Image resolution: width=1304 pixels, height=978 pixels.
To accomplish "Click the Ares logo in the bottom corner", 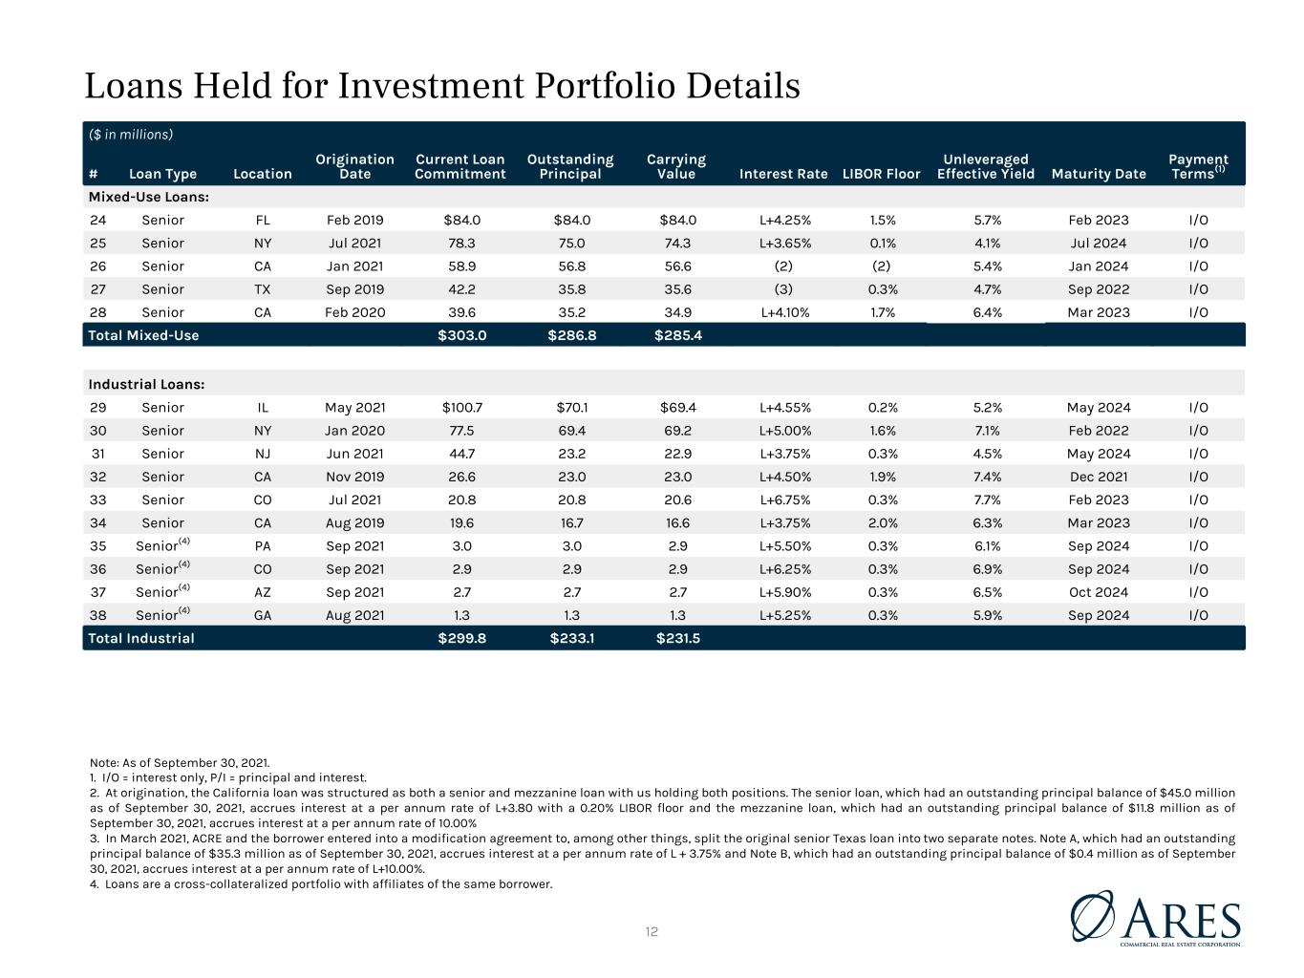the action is pyautogui.click(x=1155, y=919).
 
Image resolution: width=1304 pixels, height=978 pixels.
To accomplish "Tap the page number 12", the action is pyautogui.click(x=652, y=932).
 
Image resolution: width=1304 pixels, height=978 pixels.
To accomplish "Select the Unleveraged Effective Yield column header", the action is pyautogui.click(x=986, y=166).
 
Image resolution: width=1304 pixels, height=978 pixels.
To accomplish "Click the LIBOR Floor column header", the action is pyautogui.click(x=881, y=174).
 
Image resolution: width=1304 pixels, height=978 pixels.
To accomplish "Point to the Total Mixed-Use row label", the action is pyautogui.click(x=143, y=335).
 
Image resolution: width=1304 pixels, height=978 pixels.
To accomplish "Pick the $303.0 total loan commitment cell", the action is pyautogui.click(x=461, y=335).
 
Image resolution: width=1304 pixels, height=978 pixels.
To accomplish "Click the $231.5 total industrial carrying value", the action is pyautogui.click(x=678, y=638).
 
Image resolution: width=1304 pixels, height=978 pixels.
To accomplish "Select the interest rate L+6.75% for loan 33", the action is pyautogui.click(x=784, y=500).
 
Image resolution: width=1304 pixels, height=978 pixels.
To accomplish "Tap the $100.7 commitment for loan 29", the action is pyautogui.click(x=461, y=408).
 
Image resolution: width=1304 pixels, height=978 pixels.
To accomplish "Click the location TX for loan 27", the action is pyautogui.click(x=263, y=289).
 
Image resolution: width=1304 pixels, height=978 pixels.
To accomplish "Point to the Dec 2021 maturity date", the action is pyautogui.click(x=1098, y=477).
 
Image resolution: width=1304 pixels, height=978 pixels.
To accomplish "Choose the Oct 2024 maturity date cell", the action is pyautogui.click(x=1098, y=592).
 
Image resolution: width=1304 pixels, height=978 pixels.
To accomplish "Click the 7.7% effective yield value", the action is pyautogui.click(x=987, y=500).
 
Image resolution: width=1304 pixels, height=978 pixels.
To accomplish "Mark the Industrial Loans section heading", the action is pyautogui.click(x=146, y=384).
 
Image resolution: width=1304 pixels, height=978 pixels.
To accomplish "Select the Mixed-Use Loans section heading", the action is pyautogui.click(x=148, y=197).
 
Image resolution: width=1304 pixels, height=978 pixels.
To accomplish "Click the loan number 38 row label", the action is pyautogui.click(x=98, y=615).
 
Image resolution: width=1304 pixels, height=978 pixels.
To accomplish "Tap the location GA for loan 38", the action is pyautogui.click(x=263, y=615).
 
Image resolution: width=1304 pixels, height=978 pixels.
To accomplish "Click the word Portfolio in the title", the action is pyautogui.click(x=606, y=86).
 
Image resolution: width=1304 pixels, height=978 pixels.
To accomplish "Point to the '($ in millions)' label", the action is pyautogui.click(x=131, y=135).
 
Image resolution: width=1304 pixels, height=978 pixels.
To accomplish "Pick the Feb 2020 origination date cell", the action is pyautogui.click(x=354, y=312).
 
